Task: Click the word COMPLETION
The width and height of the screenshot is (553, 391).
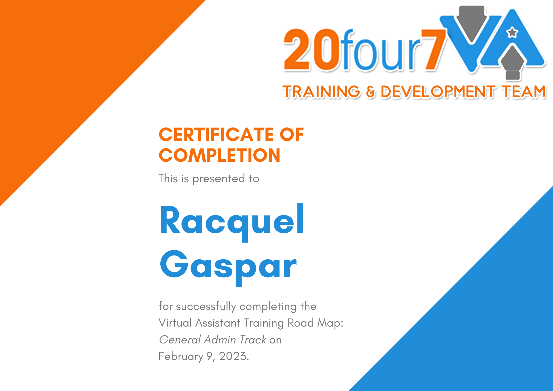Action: pyautogui.click(x=220, y=155)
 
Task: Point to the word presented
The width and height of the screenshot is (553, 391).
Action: pyautogui.click(x=219, y=179)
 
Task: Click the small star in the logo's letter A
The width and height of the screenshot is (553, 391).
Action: pyautogui.click(x=512, y=33)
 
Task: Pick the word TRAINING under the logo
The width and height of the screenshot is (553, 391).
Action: pyautogui.click(x=322, y=92)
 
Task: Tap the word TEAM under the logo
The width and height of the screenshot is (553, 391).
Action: pyautogui.click(x=524, y=92)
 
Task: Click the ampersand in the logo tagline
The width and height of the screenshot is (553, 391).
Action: pyautogui.click(x=371, y=92)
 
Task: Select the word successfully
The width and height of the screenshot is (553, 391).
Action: pyautogui.click(x=206, y=307)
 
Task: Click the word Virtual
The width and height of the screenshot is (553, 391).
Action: pyautogui.click(x=175, y=323)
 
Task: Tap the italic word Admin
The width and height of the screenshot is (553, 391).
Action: pyautogui.click(x=220, y=340)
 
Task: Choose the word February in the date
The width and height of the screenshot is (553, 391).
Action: pyautogui.click(x=181, y=357)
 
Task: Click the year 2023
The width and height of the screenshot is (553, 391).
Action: pyautogui.click(x=234, y=356)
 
